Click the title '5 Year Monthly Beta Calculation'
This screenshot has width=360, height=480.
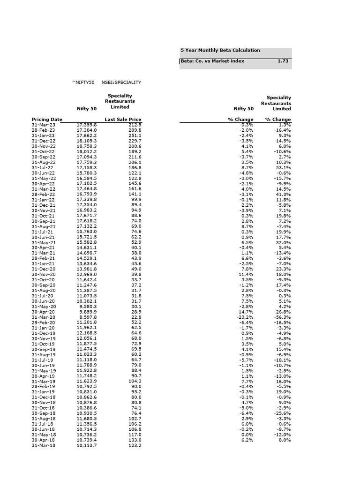220,50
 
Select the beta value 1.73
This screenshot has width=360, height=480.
283,61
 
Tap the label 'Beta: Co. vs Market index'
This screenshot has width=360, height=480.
212,61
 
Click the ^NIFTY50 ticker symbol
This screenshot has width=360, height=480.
83,82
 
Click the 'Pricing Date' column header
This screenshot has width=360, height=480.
47,120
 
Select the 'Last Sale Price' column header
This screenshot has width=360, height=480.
123,120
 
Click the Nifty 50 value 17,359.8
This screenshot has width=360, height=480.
86,125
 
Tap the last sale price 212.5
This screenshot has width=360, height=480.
135,125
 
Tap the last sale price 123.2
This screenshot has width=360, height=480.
135,445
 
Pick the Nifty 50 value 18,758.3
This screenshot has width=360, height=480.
86,146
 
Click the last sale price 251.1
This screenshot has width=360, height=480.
135,135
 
